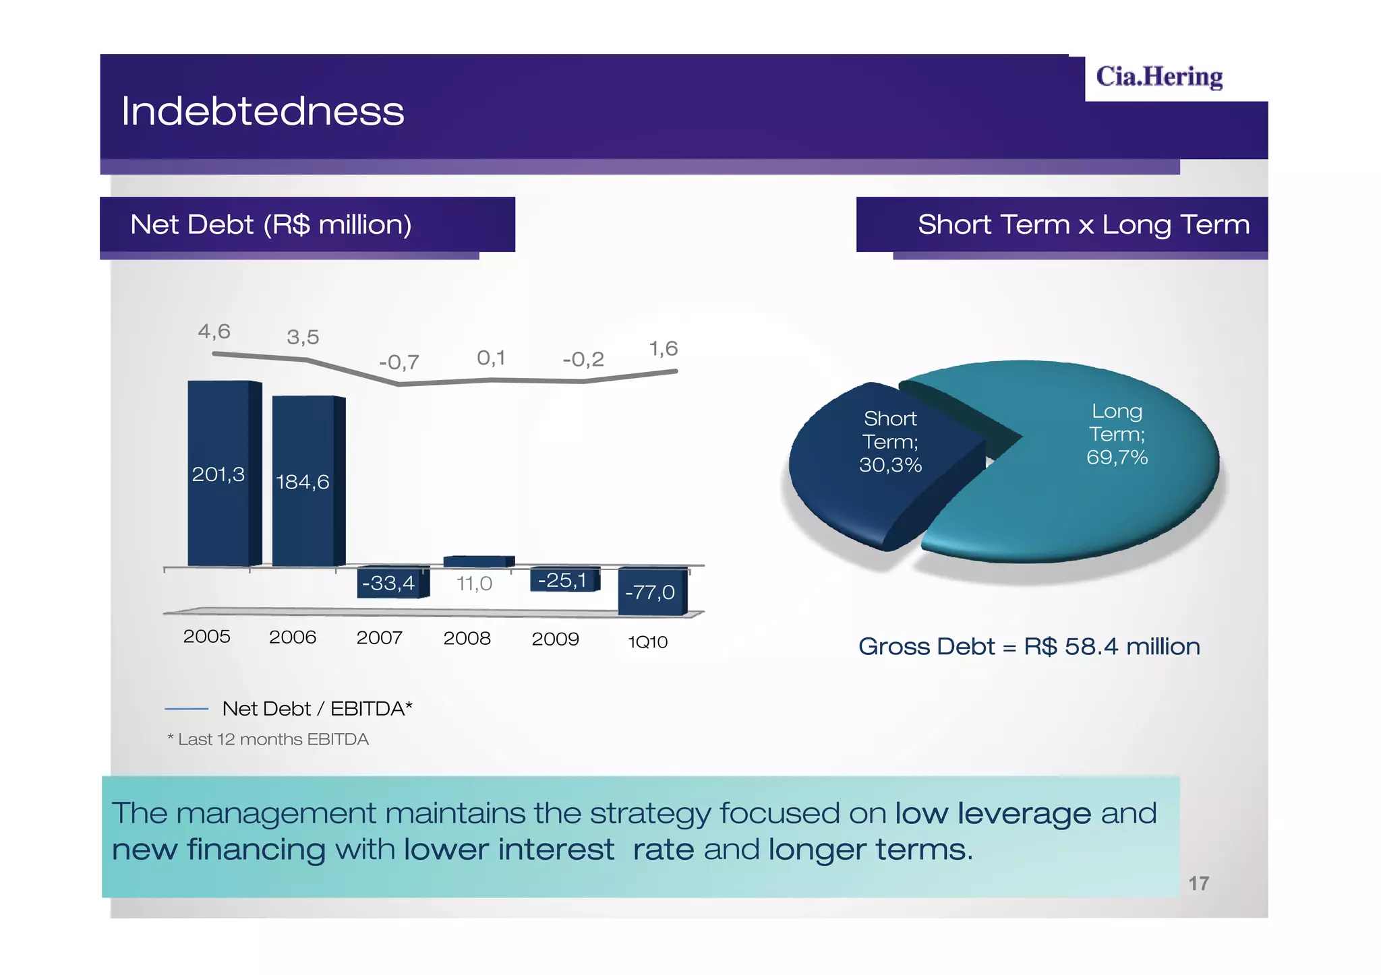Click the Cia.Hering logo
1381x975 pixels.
1158,77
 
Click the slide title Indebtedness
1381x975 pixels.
262,111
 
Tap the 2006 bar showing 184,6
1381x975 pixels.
304,481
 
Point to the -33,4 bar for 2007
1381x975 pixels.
389,582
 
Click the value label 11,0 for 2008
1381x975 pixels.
474,584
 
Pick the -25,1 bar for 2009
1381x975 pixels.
562,580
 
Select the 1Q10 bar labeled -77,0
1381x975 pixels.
649,592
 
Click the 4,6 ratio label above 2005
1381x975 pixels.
214,332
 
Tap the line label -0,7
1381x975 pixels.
399,363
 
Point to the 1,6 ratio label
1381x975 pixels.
663,349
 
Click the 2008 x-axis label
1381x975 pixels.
467,638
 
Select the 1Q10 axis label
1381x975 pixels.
647,642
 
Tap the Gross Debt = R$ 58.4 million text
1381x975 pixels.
1029,647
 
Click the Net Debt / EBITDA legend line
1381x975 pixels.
186,709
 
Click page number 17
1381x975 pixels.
1198,883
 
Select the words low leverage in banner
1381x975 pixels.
992,813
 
